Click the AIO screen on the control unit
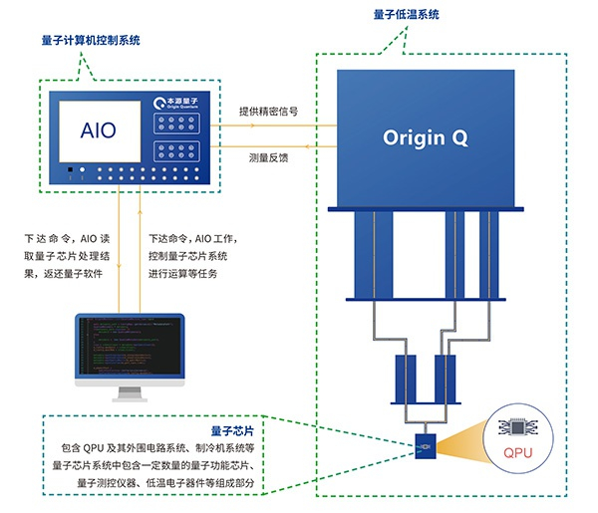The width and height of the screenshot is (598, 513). [x=98, y=130]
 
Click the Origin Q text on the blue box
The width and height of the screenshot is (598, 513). [x=428, y=136]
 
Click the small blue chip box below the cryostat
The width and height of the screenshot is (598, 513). [x=426, y=448]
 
